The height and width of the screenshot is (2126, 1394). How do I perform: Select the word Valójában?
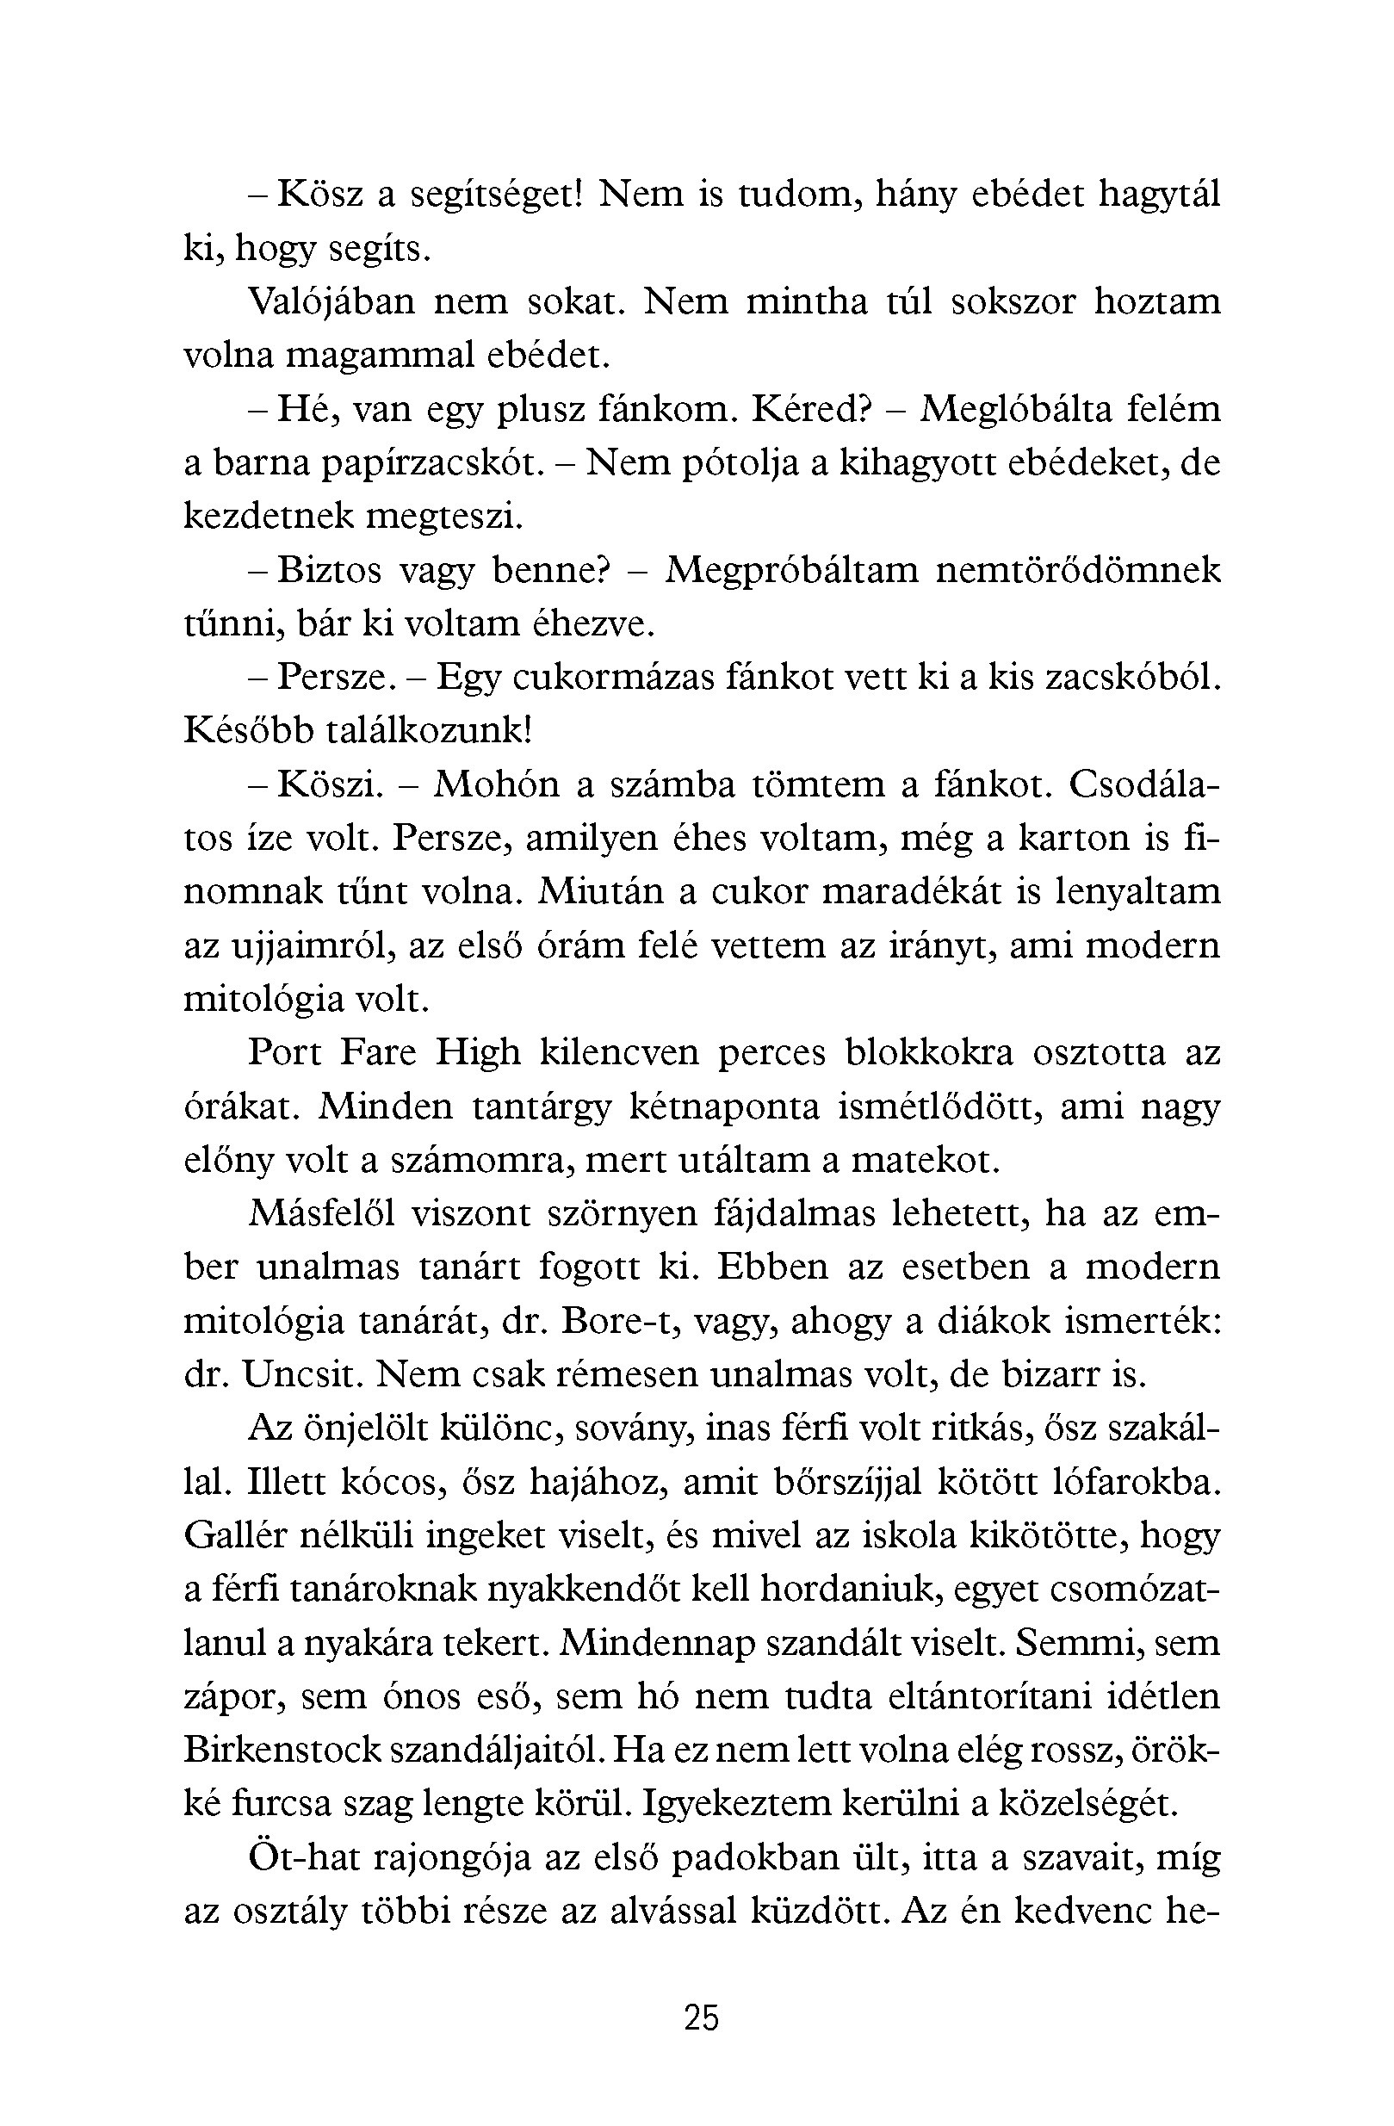pyautogui.click(x=331, y=303)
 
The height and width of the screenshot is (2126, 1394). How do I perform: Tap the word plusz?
pyautogui.click(x=537, y=410)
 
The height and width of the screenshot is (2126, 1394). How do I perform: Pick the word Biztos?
pyautogui.click(x=331, y=571)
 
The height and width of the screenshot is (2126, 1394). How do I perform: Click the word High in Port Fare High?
pyautogui.click(x=478, y=1053)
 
